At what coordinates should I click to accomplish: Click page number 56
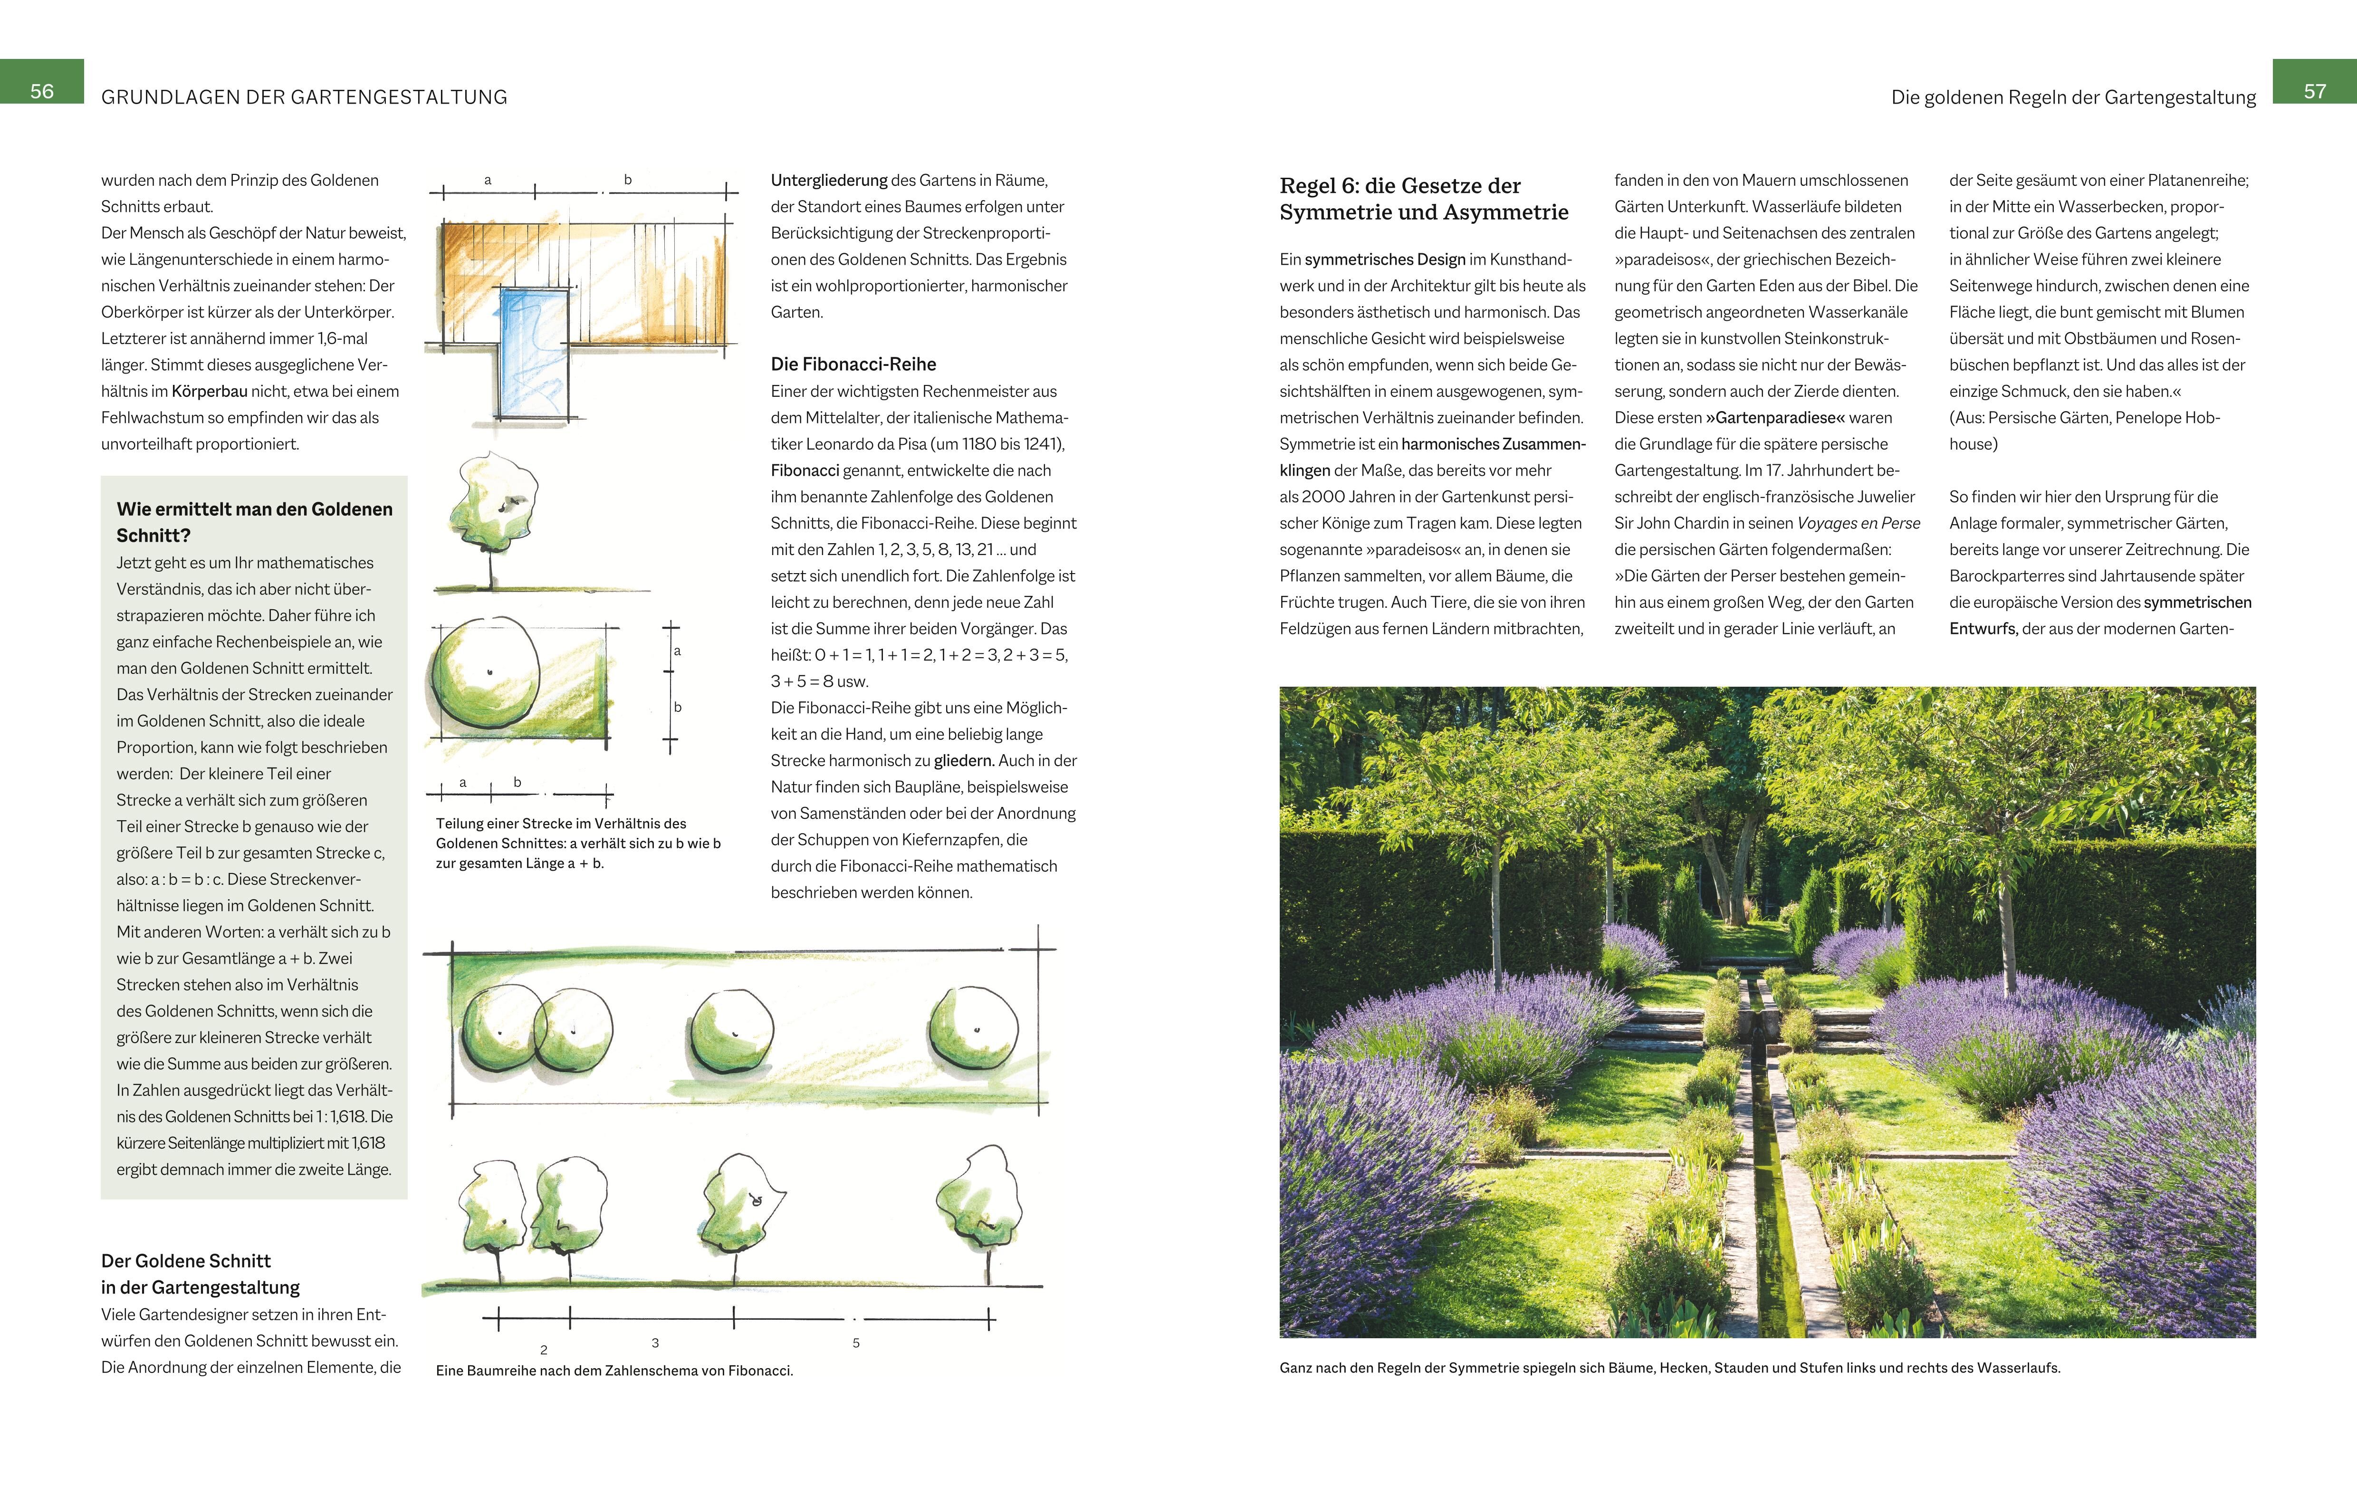tap(42, 91)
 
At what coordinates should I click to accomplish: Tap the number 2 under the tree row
tap(544, 1350)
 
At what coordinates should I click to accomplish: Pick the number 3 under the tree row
tap(655, 1343)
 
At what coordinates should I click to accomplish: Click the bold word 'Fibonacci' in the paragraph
tap(805, 471)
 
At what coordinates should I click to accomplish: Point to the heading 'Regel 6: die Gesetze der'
tap(1400, 186)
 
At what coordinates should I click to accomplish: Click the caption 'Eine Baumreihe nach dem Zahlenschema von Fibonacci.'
tap(613, 1371)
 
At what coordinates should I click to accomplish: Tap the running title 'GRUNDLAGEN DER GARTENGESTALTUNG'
tap(305, 97)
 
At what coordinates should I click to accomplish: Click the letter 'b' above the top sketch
tap(627, 180)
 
